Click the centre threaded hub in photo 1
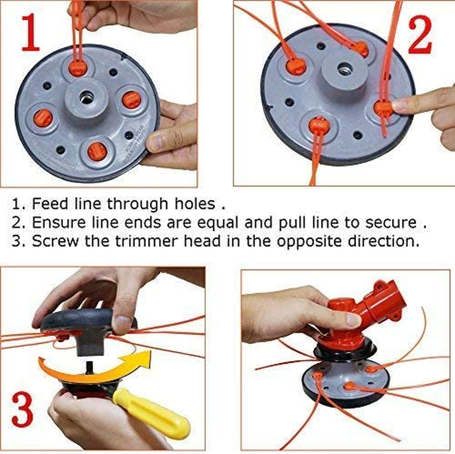point(86,99)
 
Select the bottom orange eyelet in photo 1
point(95,150)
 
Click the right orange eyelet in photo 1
point(130,100)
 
